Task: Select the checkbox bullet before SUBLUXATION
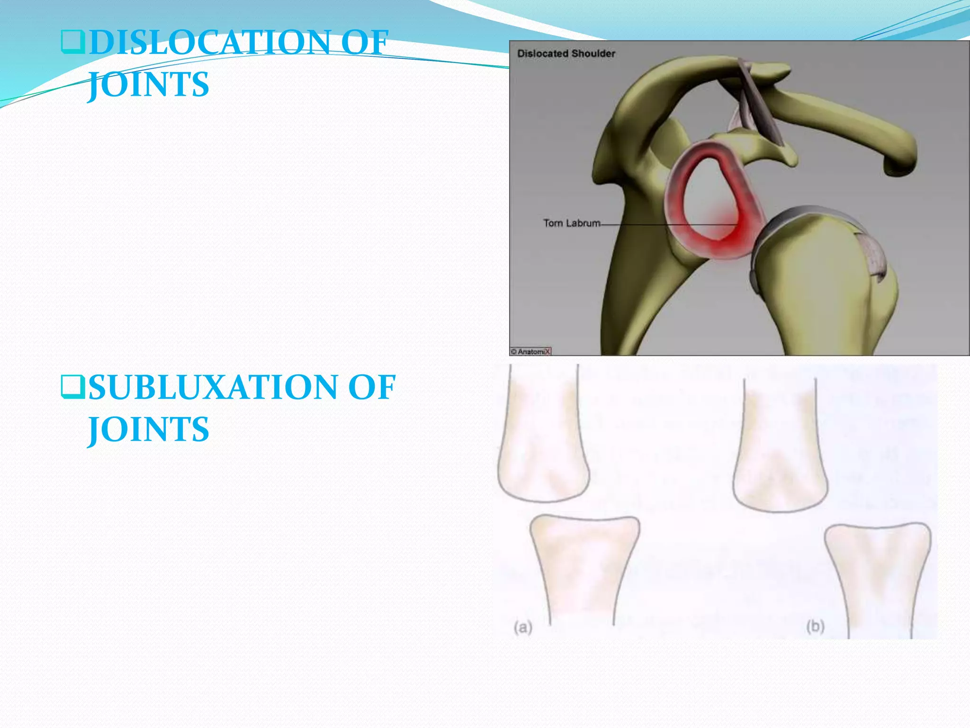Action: point(72,387)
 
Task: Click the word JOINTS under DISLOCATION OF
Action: point(148,85)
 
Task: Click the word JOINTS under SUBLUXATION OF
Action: point(148,429)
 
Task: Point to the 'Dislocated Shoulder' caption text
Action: point(566,54)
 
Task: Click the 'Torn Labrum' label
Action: point(572,223)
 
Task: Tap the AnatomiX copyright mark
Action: point(531,352)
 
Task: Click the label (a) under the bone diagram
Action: point(523,628)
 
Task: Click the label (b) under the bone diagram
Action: point(815,627)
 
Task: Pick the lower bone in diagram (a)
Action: point(584,564)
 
